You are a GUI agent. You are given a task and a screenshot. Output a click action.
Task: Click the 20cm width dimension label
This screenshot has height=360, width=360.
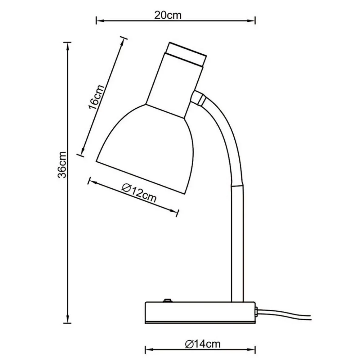[168, 15]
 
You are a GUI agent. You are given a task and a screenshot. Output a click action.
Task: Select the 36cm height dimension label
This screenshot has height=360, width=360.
[62, 164]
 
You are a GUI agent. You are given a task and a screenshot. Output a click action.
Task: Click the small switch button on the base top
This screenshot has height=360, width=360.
[167, 300]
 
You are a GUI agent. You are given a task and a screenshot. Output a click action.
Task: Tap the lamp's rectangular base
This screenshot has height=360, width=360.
[200, 313]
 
